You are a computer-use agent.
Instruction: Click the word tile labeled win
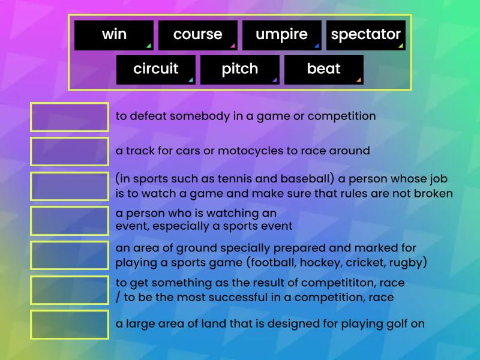[114, 35]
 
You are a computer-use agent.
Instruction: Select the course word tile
[198, 35]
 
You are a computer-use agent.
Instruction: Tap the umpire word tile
[281, 35]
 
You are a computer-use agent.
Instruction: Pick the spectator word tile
[365, 35]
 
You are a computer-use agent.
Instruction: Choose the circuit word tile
[156, 70]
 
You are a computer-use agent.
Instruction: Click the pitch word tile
[240, 70]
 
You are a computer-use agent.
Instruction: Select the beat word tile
[324, 70]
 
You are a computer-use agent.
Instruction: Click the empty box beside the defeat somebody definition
[70, 117]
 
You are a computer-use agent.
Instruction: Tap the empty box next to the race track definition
[70, 151]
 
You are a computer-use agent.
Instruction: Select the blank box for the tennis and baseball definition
[70, 186]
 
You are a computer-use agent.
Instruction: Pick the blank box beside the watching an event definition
[70, 220]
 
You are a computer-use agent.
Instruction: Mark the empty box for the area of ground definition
[70, 255]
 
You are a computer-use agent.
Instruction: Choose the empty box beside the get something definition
[70, 290]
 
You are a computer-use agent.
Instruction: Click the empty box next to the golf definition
[70, 325]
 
